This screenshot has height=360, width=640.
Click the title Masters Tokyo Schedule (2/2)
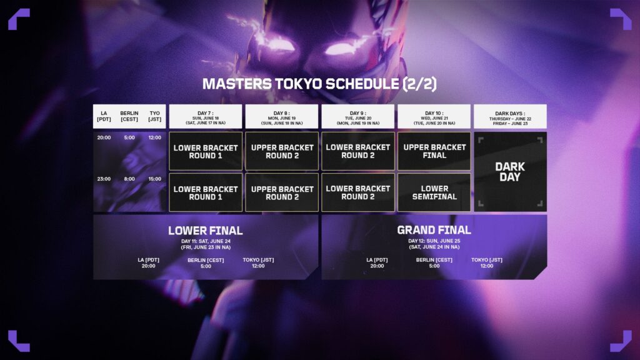coord(319,84)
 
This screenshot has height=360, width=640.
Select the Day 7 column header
coord(206,116)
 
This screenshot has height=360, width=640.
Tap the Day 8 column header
coord(282,116)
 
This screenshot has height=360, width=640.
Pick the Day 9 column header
coord(358,116)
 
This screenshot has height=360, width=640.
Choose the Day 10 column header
coord(434,116)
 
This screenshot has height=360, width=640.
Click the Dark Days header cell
coord(510,116)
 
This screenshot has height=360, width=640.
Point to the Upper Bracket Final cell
coord(434,151)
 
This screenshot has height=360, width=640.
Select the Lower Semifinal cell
coord(434,192)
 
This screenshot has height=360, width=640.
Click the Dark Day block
coord(510,172)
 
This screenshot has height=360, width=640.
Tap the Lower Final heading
coord(205,231)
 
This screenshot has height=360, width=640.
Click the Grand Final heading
coord(434,230)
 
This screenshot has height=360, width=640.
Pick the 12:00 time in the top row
coord(154,137)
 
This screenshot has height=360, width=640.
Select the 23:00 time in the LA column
coord(104,179)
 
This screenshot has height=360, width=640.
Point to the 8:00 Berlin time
coord(129,179)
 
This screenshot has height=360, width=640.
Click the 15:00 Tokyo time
coord(154,179)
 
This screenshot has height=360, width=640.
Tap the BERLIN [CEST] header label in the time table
coord(129,116)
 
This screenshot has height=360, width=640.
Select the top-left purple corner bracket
coord(18,19)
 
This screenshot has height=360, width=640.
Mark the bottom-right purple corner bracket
coord(621,341)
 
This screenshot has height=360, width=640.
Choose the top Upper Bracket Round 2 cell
coord(282,151)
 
